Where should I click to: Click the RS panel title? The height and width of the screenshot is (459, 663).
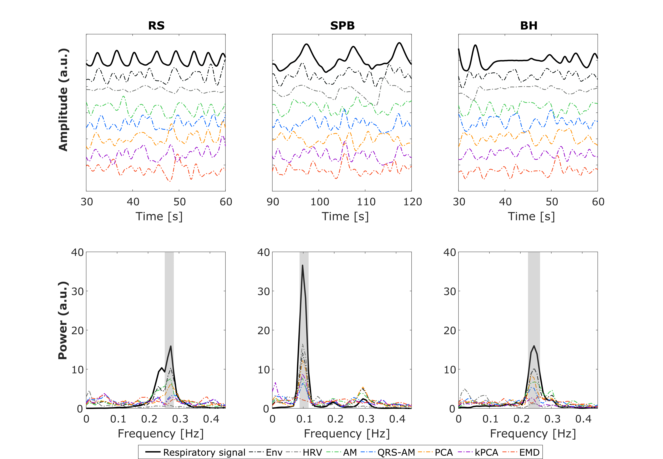pos(156,26)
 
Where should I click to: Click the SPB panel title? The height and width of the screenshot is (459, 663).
pos(342,26)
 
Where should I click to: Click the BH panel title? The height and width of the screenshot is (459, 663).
pos(529,26)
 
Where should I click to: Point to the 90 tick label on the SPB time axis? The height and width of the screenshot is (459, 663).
pos(273,202)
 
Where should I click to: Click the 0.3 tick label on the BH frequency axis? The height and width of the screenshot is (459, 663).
pos(552,419)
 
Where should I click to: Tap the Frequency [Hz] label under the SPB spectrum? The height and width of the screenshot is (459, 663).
pos(347,433)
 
